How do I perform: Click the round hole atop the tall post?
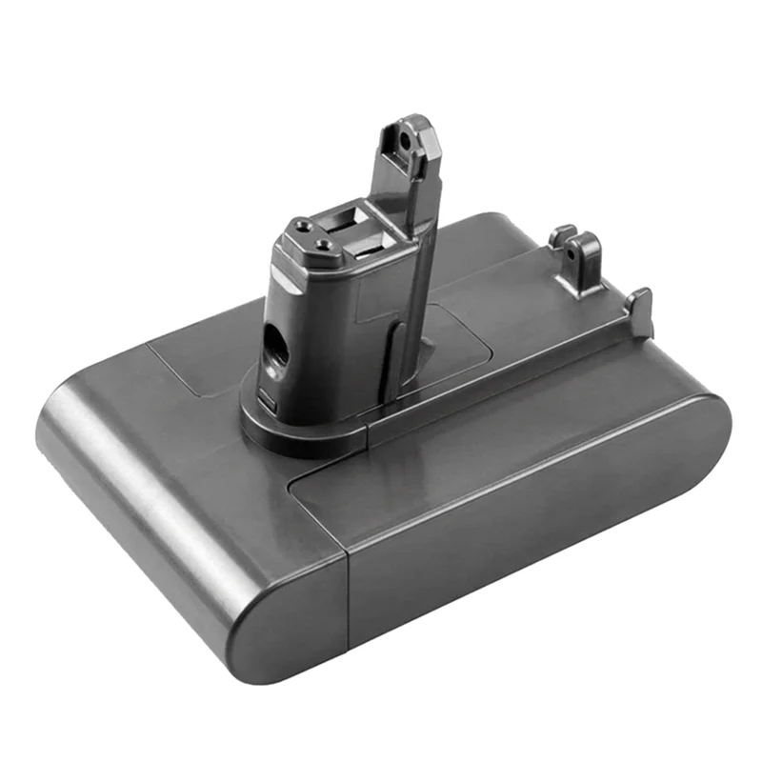pos(408,139)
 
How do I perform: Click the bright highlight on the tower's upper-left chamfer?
pos(286,250)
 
